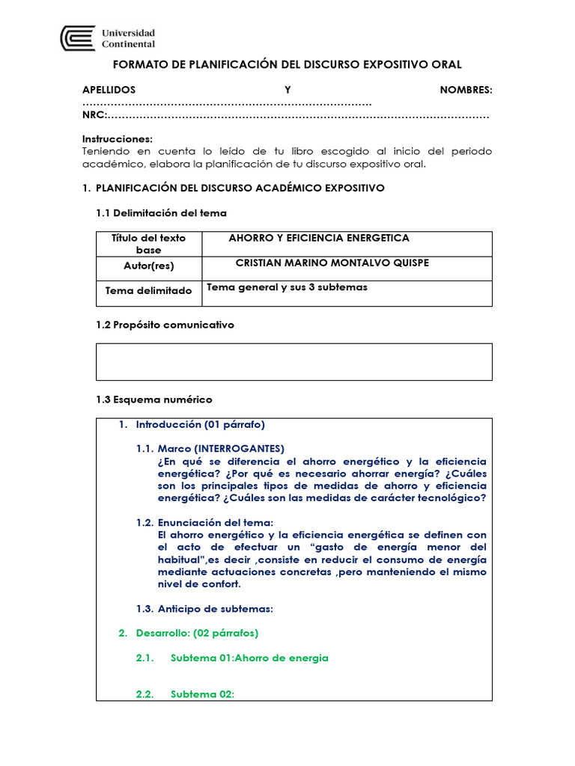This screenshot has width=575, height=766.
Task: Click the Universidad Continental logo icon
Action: point(78,38)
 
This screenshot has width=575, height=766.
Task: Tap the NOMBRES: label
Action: point(466,90)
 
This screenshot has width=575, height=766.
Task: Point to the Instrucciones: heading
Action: point(117,139)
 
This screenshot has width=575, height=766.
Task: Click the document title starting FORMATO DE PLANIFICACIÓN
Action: point(287,65)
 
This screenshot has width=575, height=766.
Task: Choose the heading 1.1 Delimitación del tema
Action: point(161,213)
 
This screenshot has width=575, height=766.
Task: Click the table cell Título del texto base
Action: point(148,244)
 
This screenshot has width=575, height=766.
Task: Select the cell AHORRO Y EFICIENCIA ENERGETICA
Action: point(319,238)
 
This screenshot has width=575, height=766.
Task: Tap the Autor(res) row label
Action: point(148,266)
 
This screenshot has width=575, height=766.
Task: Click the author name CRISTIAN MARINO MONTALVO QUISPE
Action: point(332,263)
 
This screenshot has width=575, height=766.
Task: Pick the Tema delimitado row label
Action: point(148,291)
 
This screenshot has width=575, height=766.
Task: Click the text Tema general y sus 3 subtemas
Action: point(287,287)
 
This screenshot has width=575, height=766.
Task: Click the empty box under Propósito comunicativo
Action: point(294,362)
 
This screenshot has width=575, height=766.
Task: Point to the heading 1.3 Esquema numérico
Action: point(154,399)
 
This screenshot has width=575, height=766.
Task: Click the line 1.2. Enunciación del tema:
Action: point(204,522)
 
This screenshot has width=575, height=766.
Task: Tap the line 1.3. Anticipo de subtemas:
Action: point(204,608)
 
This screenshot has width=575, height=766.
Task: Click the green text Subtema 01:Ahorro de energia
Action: point(249,658)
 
